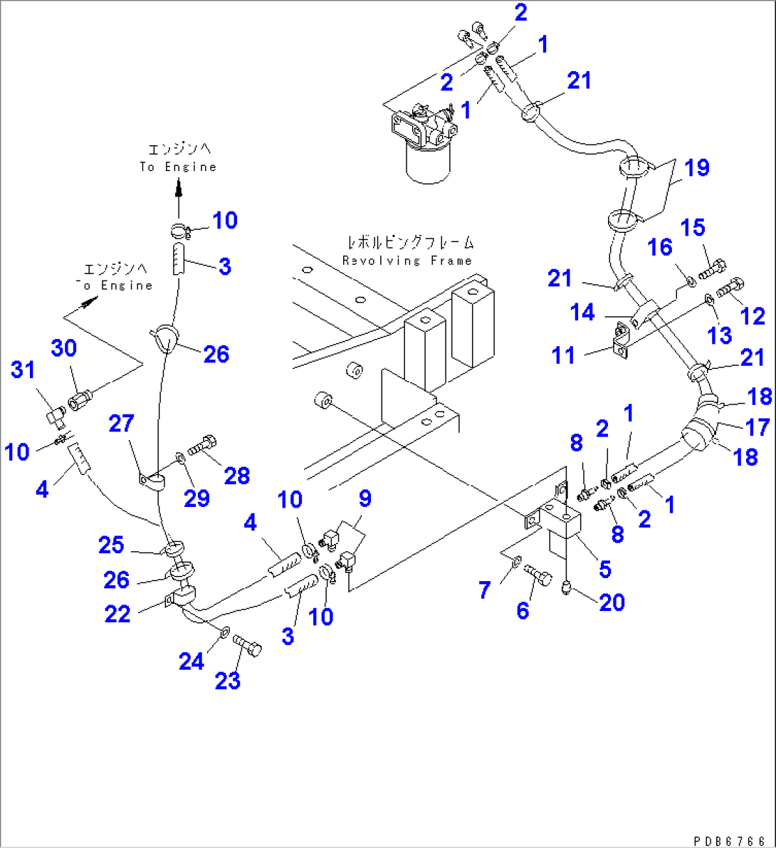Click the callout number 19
pyautogui.click(x=697, y=168)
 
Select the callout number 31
pyautogui.click(x=23, y=370)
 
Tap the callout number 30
pyautogui.click(x=63, y=348)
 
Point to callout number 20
pyautogui.click(x=612, y=602)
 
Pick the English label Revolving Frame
pyautogui.click(x=407, y=261)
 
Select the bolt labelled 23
pyautogui.click(x=248, y=646)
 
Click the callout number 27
pyautogui.click(x=121, y=424)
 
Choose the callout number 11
pyautogui.click(x=564, y=355)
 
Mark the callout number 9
pyautogui.click(x=365, y=498)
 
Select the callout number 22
pyautogui.click(x=117, y=613)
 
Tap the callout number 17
pyautogui.click(x=757, y=426)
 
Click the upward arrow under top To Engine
pyautogui.click(x=179, y=189)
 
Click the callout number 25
pyautogui.click(x=112, y=545)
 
